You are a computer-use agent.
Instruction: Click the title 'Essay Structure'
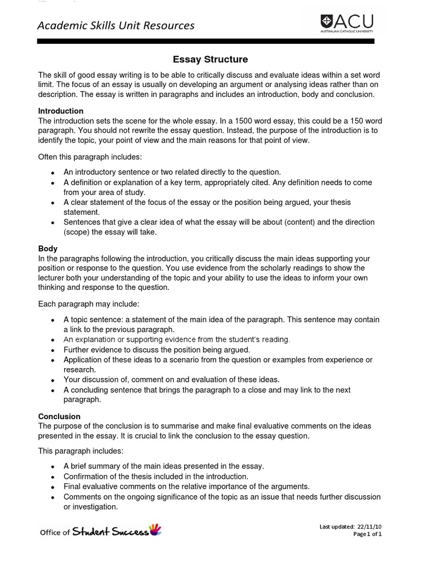pyautogui.click(x=210, y=59)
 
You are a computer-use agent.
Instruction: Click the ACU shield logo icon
pyautogui.click(x=326, y=22)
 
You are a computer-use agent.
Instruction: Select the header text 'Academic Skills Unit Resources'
pyautogui.click(x=116, y=25)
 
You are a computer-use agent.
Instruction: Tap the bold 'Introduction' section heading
pyautogui.click(x=60, y=111)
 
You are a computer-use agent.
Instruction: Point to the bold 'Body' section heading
pyautogui.click(x=48, y=248)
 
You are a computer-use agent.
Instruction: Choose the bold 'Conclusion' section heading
pyautogui.click(x=59, y=416)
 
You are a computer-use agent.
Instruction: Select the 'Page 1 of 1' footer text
pyautogui.click(x=367, y=534)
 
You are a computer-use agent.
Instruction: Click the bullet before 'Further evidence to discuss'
pyautogui.click(x=52, y=351)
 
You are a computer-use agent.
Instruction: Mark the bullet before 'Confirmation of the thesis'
pyautogui.click(x=52, y=477)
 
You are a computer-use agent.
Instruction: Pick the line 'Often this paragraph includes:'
pyautogui.click(x=90, y=157)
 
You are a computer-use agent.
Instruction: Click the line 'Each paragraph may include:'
pyautogui.click(x=89, y=304)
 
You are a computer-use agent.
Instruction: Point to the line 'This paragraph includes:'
pyautogui.click(x=81, y=451)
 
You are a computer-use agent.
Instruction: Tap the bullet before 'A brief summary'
pyautogui.click(x=52, y=467)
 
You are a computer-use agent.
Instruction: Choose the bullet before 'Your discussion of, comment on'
pyautogui.click(x=52, y=380)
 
